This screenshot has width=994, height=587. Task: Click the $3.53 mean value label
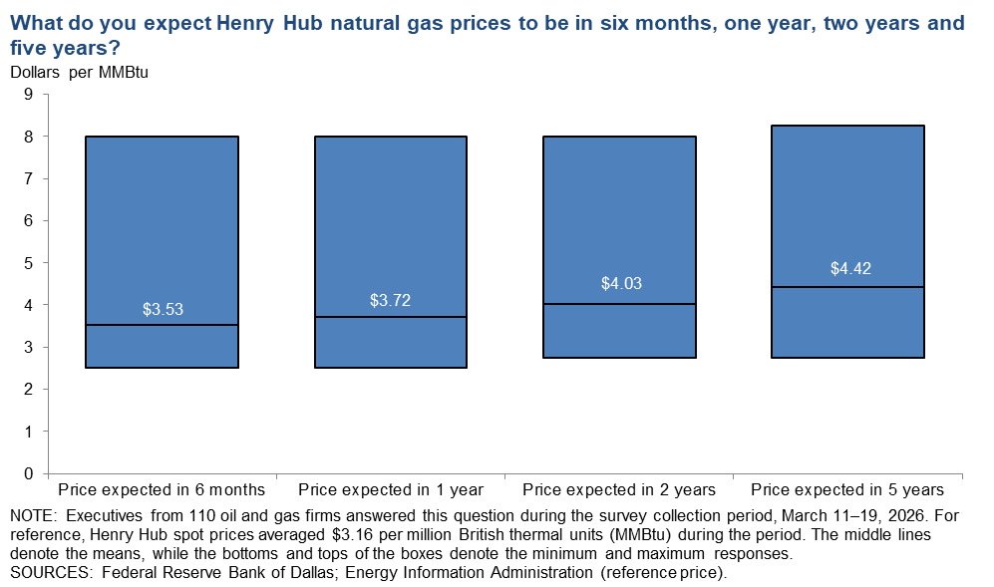tap(162, 310)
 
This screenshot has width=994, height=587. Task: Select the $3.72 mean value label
tap(390, 301)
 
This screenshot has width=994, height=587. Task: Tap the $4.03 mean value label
tap(620, 284)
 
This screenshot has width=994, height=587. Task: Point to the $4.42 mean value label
tap(847, 268)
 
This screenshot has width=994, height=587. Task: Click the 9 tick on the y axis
tap(29, 95)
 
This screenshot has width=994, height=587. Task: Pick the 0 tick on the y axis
tap(29, 473)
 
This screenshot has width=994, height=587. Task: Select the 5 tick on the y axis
tap(29, 263)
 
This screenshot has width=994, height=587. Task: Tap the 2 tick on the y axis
tap(29, 390)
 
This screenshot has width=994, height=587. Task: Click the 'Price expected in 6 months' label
tap(162, 489)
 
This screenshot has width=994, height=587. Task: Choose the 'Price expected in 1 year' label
tap(391, 489)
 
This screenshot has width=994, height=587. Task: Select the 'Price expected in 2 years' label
tap(619, 489)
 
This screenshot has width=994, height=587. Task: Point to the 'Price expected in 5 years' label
tap(847, 489)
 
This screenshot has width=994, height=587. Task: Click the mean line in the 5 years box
tap(847, 287)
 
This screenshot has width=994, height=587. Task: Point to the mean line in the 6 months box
tap(162, 325)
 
